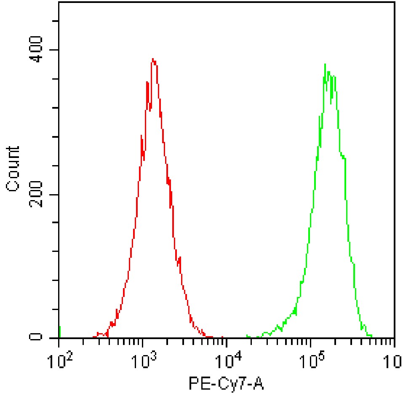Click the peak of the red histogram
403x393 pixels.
tap(153, 59)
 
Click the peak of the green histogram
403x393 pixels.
tap(325, 64)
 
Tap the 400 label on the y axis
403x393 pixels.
tap(37, 50)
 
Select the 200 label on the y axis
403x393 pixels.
tap(37, 195)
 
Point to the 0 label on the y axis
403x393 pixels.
tap(37, 337)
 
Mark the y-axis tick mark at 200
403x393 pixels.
tap(55, 195)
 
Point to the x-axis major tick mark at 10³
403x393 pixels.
tap(143, 342)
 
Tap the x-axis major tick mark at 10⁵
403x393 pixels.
tap(311, 342)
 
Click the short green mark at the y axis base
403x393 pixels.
tap(60, 332)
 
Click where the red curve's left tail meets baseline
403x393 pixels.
tap(93, 337)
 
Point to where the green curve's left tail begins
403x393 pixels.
tap(247, 337)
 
